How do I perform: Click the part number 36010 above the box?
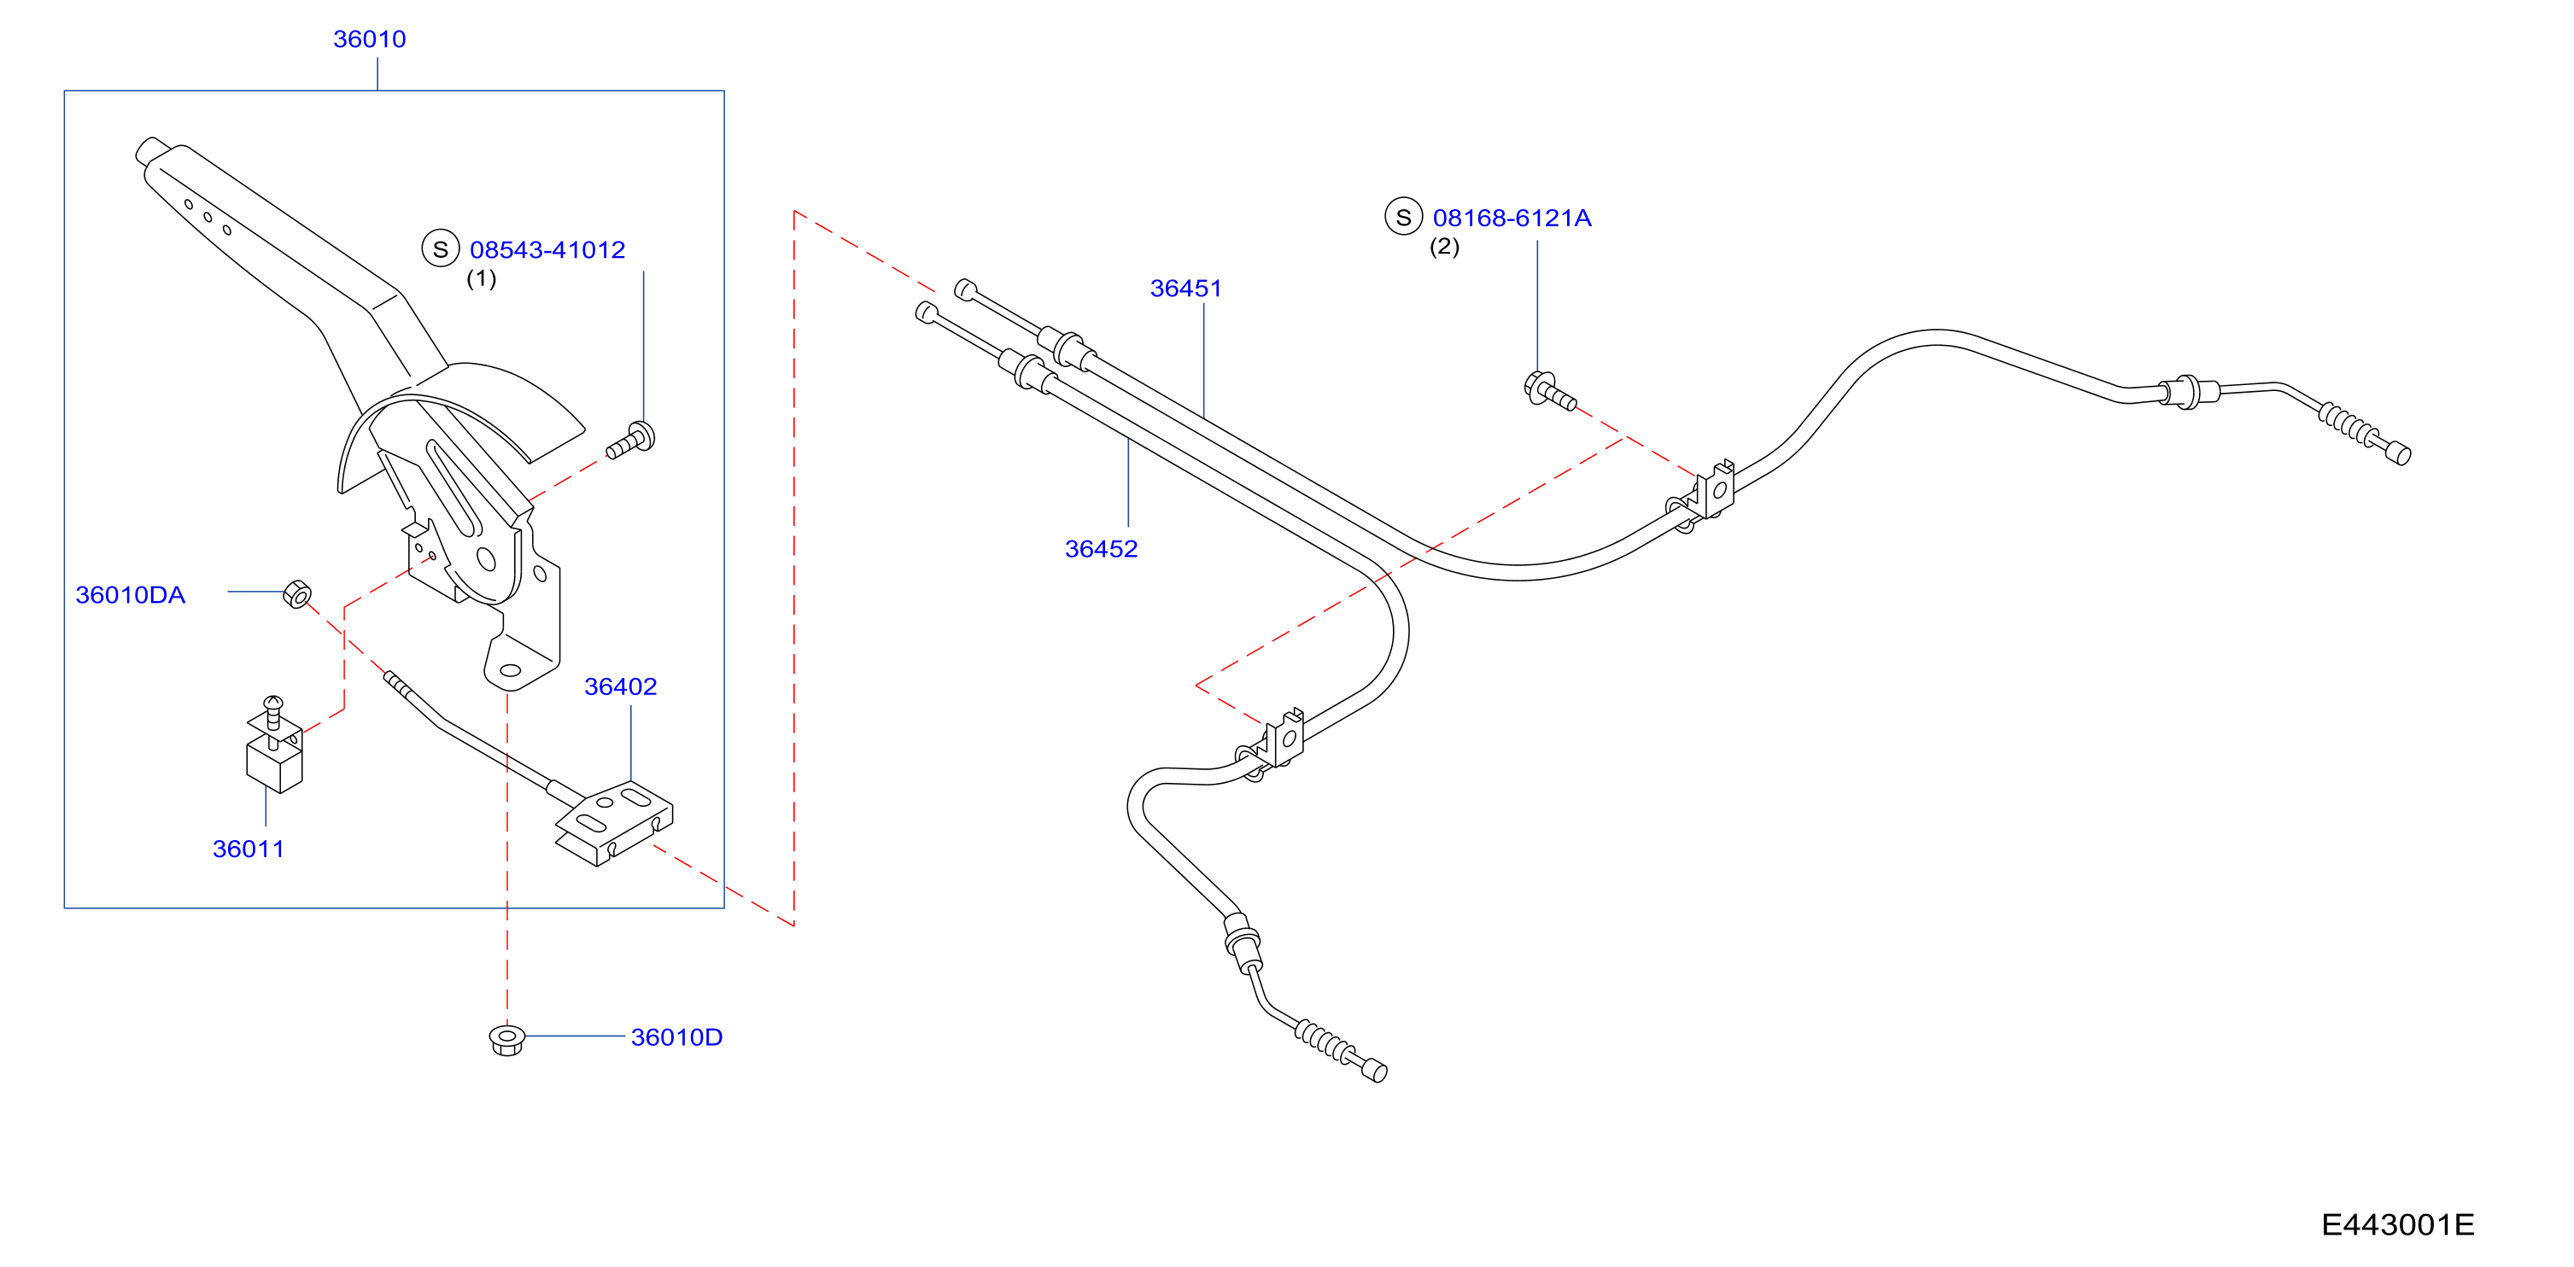coord(369,39)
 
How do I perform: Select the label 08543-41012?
coord(547,250)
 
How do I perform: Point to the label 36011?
coord(249,849)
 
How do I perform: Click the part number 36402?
coord(621,686)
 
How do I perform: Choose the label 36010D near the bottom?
coord(676,1037)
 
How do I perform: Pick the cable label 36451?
coord(1186,288)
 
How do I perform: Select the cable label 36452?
coord(1101,549)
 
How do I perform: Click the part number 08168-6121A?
coord(1512,218)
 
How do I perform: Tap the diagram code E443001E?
coord(2397,1224)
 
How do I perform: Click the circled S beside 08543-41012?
coord(441,248)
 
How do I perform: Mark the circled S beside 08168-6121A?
coord(1404,217)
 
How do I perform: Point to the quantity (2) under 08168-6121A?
coord(1445,246)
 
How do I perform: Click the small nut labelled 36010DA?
coord(296,593)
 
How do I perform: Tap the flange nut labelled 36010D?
coord(507,1039)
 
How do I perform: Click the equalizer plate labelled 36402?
coord(613,822)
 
